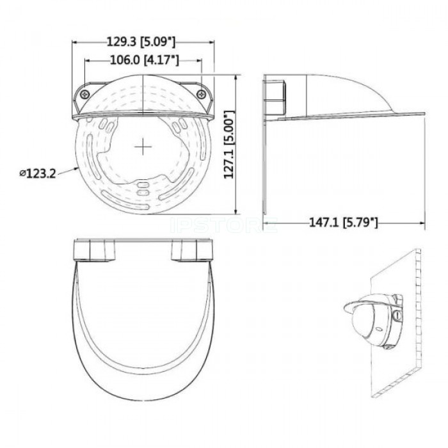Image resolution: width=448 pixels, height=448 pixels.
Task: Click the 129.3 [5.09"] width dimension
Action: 141,42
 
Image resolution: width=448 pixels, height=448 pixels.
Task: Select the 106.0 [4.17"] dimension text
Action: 145,60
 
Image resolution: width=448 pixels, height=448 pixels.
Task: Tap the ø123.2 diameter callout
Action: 38,173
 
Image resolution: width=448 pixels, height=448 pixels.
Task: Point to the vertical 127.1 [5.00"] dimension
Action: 228,145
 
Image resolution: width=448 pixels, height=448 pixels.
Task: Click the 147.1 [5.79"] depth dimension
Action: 344,223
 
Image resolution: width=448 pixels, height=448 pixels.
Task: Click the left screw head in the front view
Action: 85,94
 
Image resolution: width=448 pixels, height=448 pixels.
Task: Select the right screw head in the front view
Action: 202,93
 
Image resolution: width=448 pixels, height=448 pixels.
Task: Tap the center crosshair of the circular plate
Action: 143,147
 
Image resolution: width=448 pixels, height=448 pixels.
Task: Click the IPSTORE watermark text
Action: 224,225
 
